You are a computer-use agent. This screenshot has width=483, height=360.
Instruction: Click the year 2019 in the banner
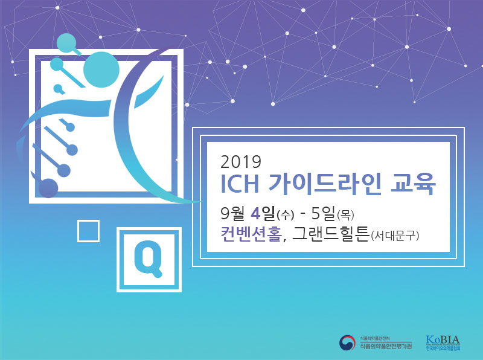(x=240, y=162)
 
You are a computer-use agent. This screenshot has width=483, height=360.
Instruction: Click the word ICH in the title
(x=240, y=185)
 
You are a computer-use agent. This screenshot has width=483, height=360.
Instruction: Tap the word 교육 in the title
(x=414, y=185)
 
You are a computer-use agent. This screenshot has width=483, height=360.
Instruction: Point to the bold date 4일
(x=261, y=213)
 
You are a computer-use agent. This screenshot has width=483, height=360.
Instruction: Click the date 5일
(x=324, y=213)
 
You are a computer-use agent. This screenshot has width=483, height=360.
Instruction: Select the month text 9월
(x=234, y=213)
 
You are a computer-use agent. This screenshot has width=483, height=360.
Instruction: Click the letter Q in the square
(x=149, y=259)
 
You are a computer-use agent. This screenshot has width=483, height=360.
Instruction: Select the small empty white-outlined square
(x=88, y=231)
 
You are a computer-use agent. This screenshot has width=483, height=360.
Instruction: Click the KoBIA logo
(x=443, y=342)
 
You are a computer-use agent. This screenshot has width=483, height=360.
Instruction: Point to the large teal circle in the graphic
(x=101, y=71)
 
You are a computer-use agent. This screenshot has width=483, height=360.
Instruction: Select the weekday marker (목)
(x=346, y=214)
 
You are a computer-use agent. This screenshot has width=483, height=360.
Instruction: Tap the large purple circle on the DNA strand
(x=48, y=188)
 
